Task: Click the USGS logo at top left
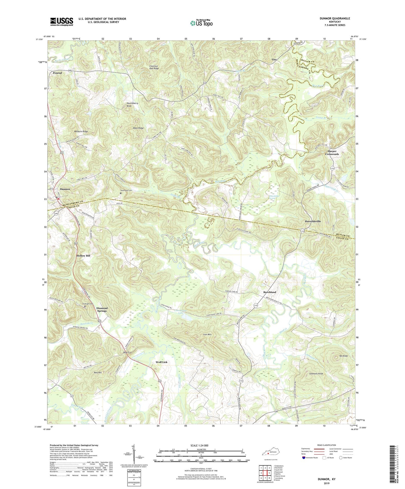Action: [x=62, y=22]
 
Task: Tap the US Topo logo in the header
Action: [x=201, y=23]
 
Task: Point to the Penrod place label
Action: [x=57, y=73]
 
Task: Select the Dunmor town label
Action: [x=65, y=189]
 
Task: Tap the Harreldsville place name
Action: [x=313, y=221]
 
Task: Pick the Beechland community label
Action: [x=270, y=292]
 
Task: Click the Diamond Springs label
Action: [x=102, y=309]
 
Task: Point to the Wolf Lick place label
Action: [x=161, y=362]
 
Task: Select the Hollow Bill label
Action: [x=84, y=256]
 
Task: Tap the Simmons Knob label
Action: [x=316, y=374]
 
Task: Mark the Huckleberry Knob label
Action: [x=133, y=104]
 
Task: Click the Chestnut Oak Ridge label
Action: [x=154, y=67]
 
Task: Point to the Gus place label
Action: [x=274, y=60]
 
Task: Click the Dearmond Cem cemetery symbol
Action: [x=121, y=193]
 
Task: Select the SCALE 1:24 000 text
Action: [x=199, y=445]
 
